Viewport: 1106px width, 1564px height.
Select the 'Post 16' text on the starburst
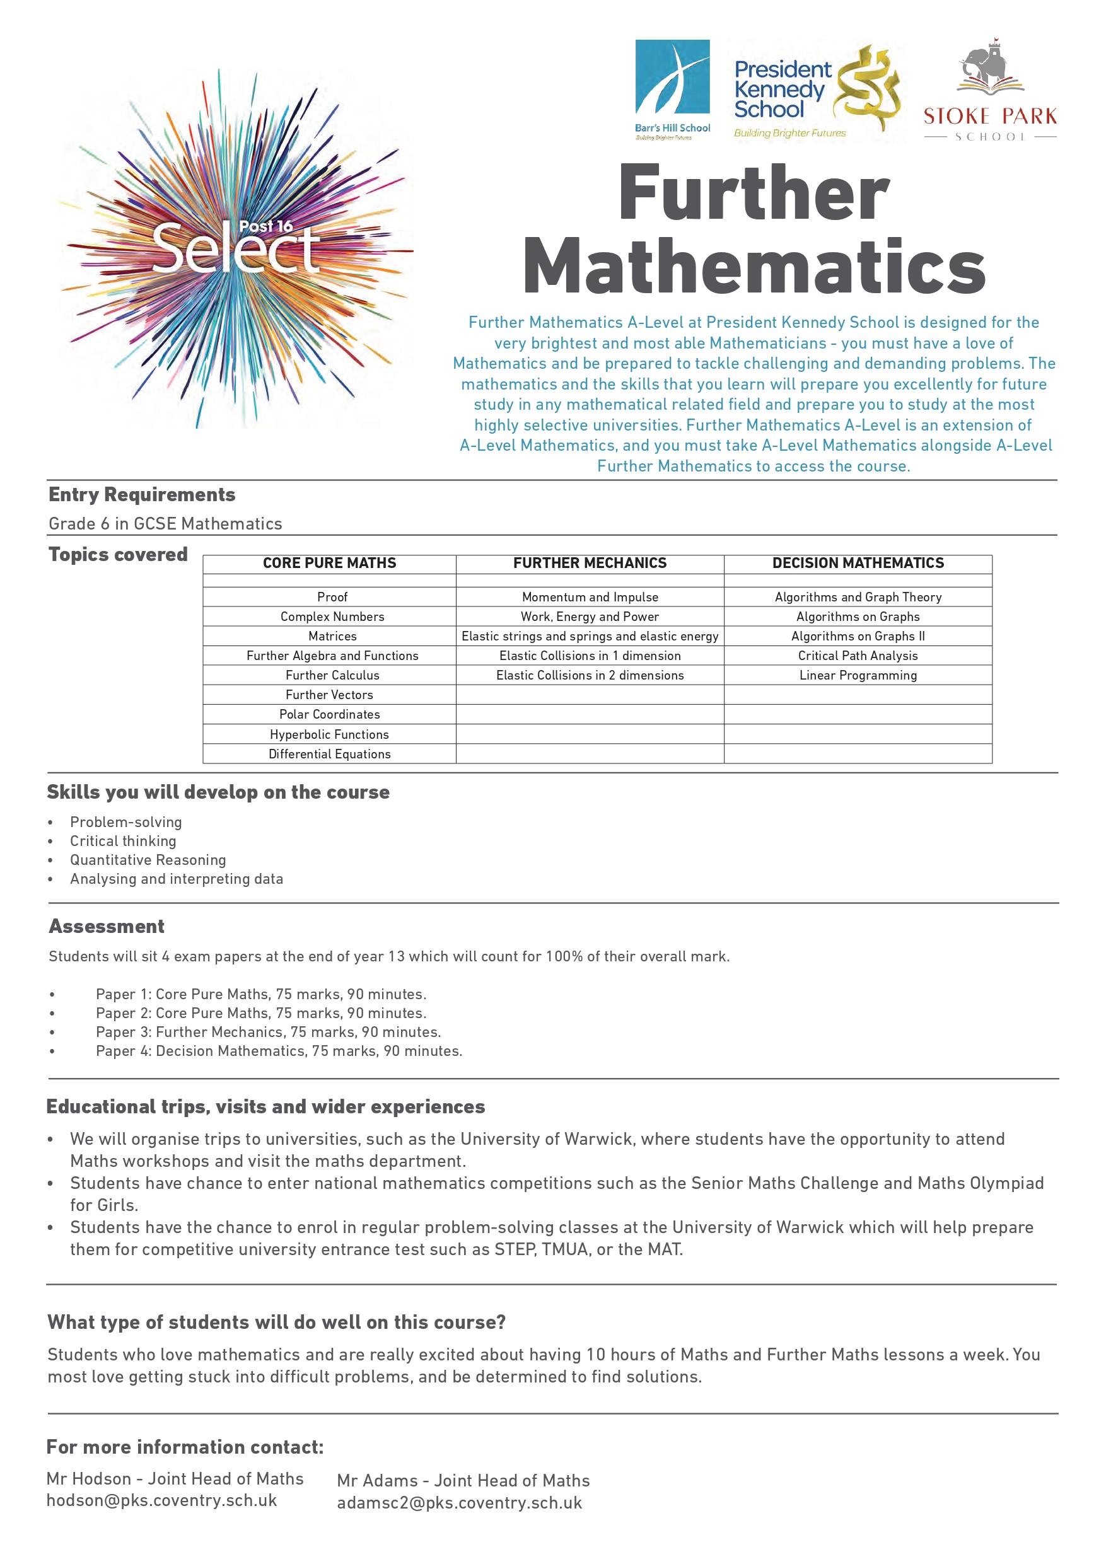tap(265, 227)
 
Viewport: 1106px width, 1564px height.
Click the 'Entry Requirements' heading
tap(142, 494)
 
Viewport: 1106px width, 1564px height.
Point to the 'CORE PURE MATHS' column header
tap(329, 564)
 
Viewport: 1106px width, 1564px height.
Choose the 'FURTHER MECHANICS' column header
tap(590, 564)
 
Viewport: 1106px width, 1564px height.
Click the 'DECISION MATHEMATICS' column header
tap(858, 564)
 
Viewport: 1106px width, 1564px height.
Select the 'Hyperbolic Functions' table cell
tap(329, 734)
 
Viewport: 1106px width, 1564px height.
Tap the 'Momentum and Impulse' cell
tap(590, 598)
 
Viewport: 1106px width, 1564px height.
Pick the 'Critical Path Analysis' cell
tap(858, 656)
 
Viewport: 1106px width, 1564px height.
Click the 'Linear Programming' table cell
tap(858, 676)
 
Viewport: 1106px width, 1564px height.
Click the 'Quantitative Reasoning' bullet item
tap(148, 860)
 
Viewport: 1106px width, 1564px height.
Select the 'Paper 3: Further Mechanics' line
tap(268, 1032)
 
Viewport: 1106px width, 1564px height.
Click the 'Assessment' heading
tap(107, 927)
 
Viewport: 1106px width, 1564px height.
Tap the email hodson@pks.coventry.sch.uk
tap(161, 1501)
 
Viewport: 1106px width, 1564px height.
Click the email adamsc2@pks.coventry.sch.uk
tap(458, 1503)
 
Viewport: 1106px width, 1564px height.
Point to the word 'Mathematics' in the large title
tap(754, 267)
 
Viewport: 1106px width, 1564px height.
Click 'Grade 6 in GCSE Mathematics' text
tap(165, 524)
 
